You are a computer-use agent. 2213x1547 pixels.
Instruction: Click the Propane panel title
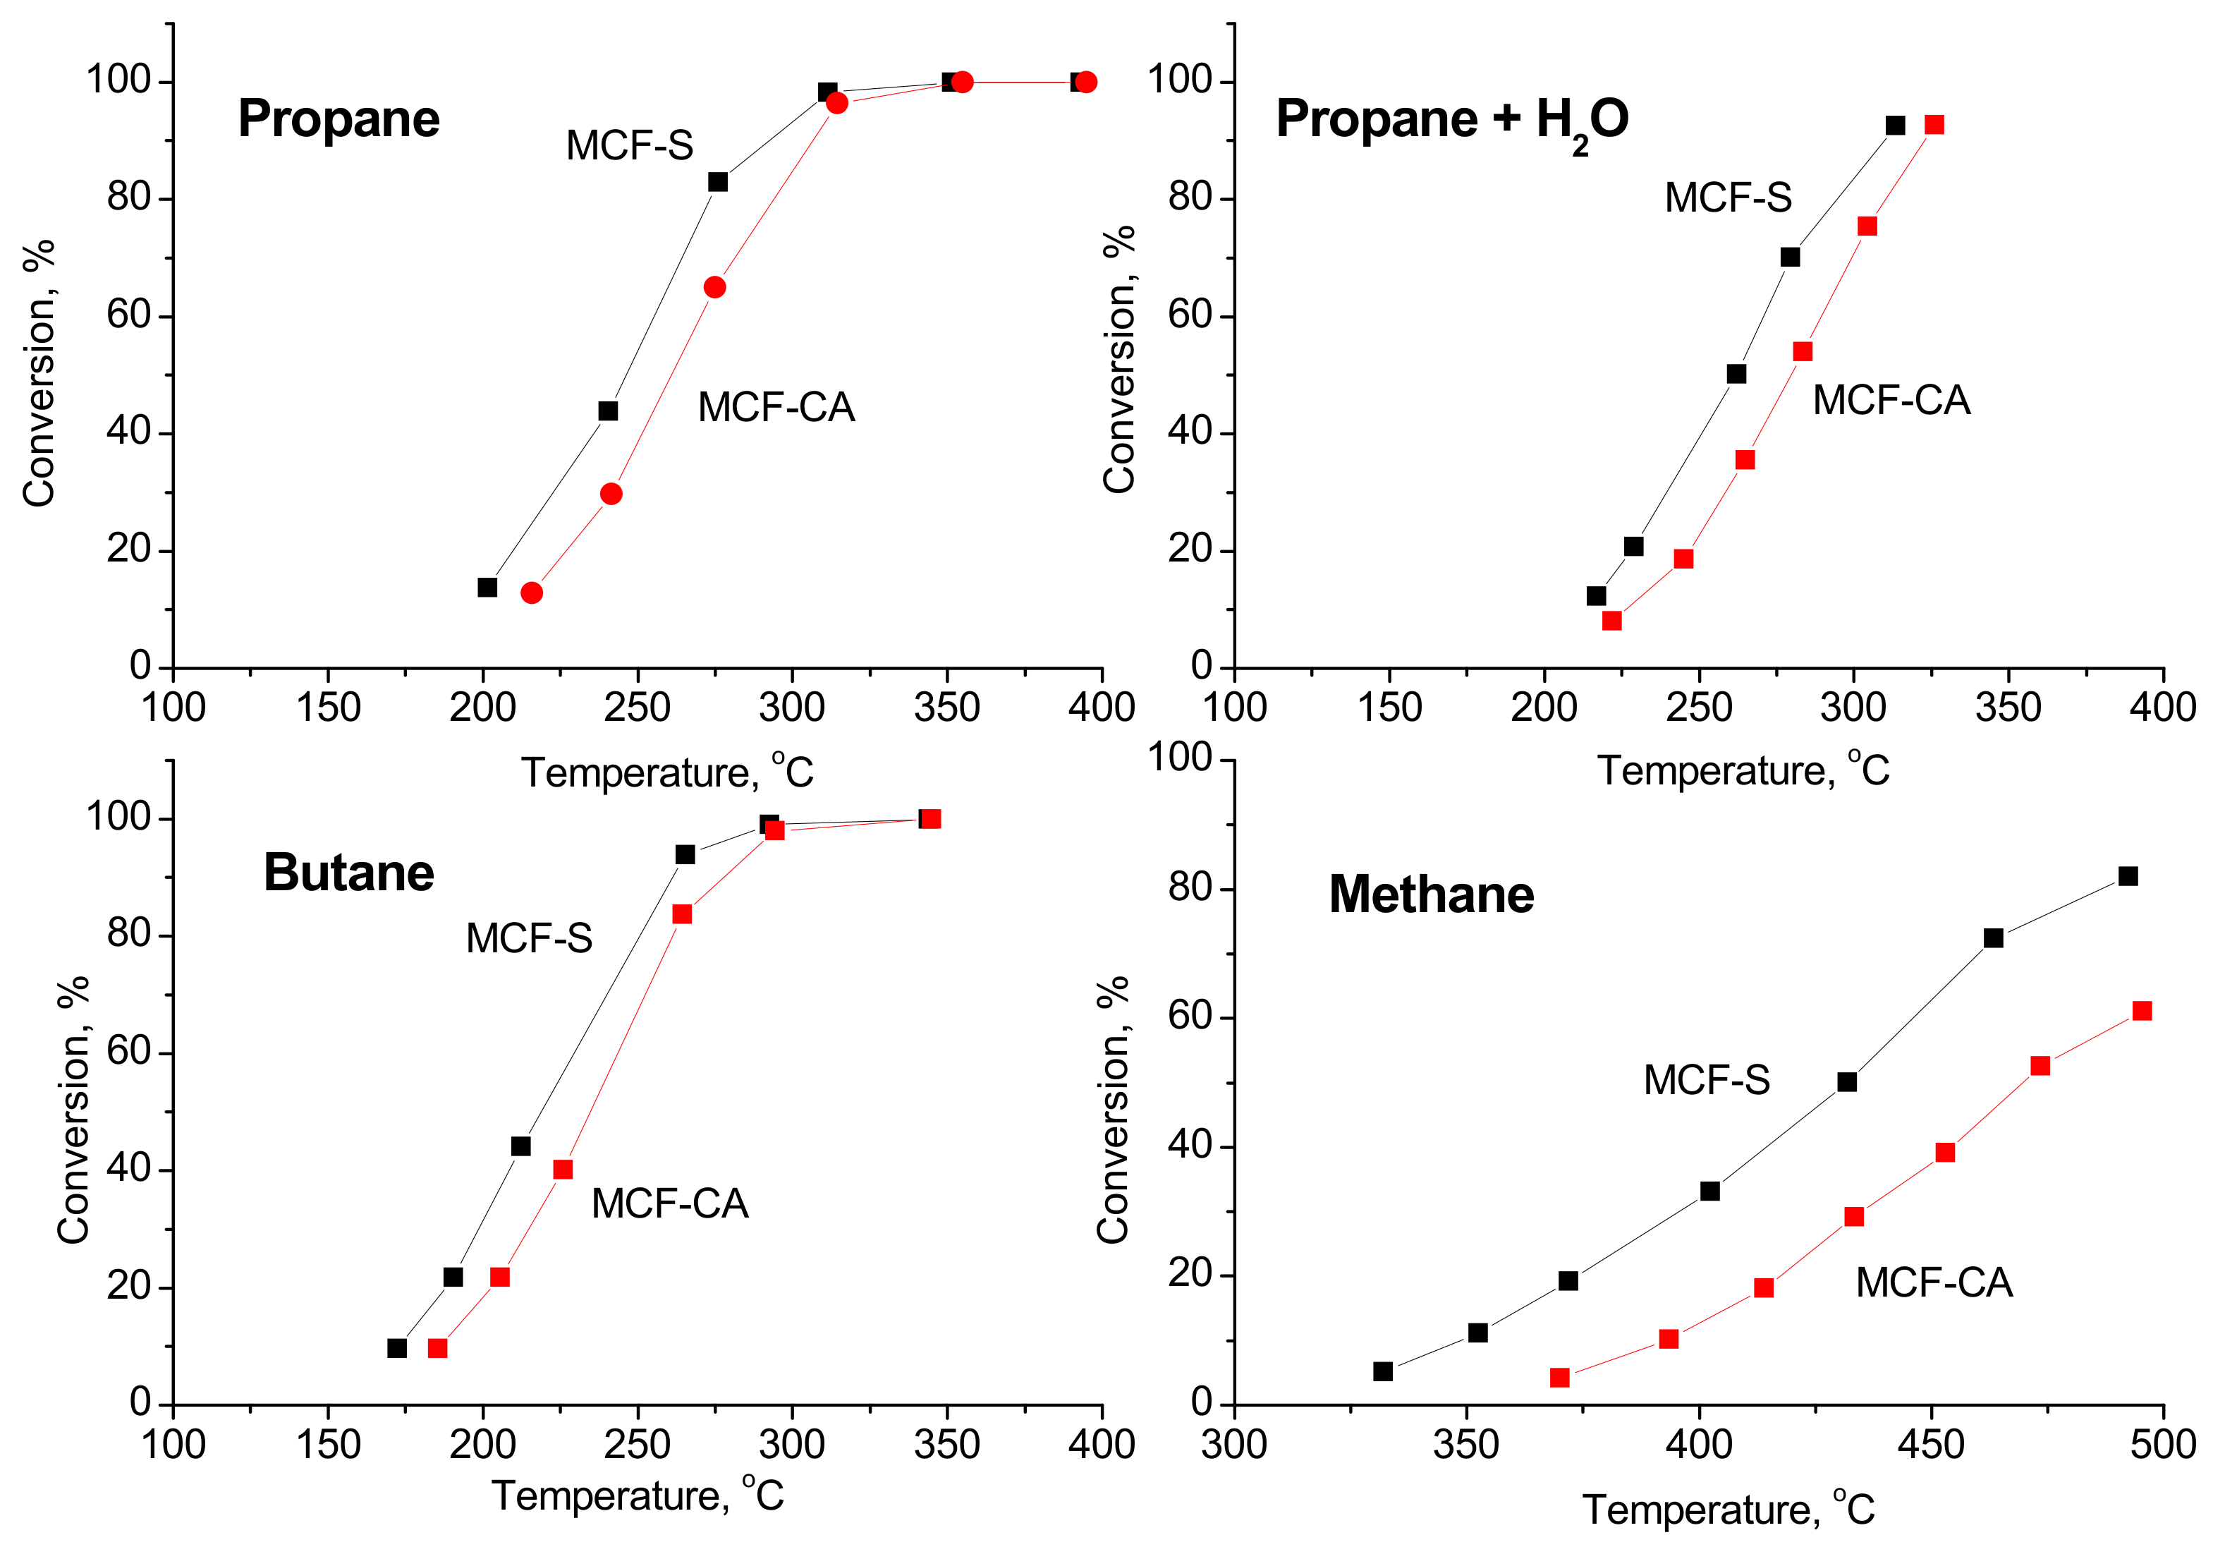[x=339, y=119]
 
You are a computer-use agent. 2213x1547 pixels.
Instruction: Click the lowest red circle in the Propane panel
[x=531, y=593]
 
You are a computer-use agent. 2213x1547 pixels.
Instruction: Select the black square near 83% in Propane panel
[x=717, y=182]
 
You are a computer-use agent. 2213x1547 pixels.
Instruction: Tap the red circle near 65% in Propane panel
[x=714, y=287]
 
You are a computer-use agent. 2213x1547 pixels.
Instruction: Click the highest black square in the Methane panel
[x=2127, y=876]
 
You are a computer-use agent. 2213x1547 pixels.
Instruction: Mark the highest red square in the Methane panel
[x=2142, y=1011]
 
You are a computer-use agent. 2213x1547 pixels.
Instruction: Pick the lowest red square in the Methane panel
[x=1559, y=1378]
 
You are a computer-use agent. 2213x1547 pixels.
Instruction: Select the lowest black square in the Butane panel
[x=396, y=1347]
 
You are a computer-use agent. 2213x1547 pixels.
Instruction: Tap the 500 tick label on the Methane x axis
[x=2163, y=1445]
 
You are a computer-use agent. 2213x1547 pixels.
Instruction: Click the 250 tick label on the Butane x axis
[x=636, y=1445]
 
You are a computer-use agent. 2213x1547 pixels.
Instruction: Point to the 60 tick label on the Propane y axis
[x=129, y=315]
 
